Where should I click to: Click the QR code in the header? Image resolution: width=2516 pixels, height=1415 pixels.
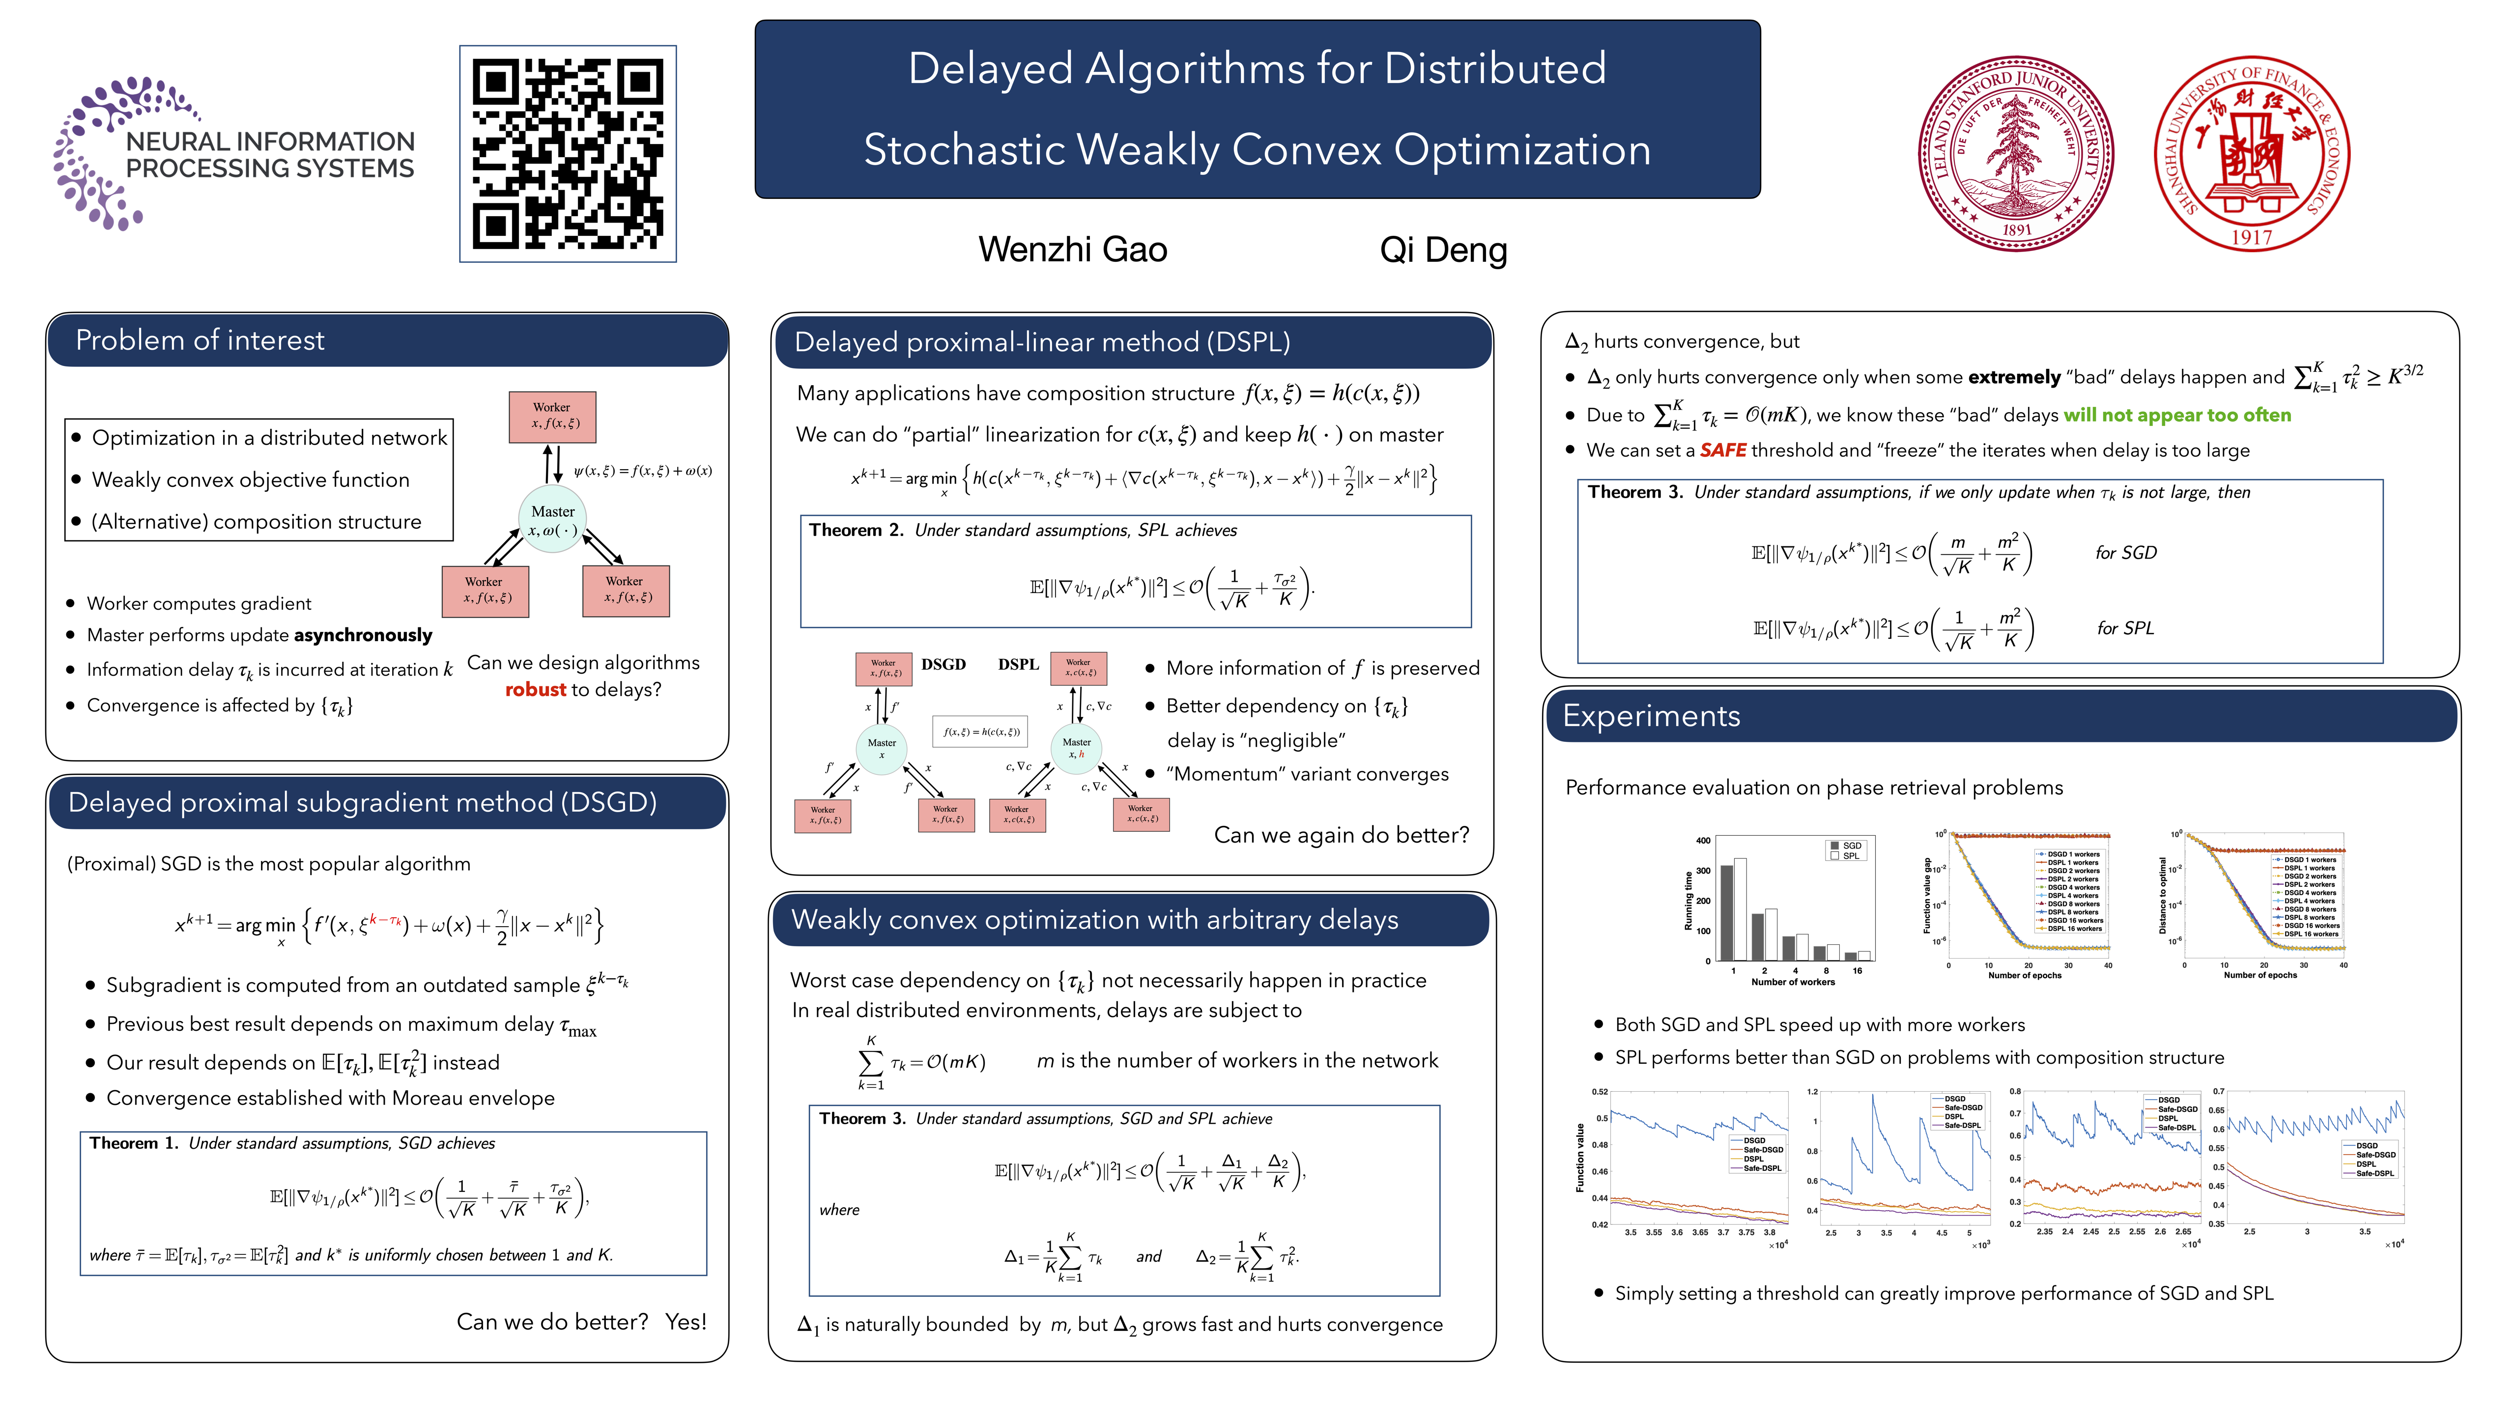pyautogui.click(x=568, y=153)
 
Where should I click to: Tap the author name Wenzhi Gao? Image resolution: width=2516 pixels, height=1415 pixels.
pyautogui.click(x=1072, y=250)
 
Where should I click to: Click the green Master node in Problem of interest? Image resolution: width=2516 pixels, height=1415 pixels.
pyautogui.click(x=553, y=519)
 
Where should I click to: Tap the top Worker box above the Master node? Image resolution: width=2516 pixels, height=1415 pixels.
pyautogui.click(x=552, y=416)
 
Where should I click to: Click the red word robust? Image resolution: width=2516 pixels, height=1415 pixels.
pyautogui.click(x=535, y=689)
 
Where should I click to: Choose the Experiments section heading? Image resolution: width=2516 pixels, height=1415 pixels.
pyautogui.click(x=1651, y=716)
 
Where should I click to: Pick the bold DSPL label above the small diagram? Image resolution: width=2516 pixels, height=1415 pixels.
pyautogui.click(x=1018, y=664)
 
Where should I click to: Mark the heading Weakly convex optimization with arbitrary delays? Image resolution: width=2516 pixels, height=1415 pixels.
pyautogui.click(x=1094, y=920)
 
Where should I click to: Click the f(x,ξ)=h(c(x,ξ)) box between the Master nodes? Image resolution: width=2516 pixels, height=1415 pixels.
pyautogui.click(x=981, y=732)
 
